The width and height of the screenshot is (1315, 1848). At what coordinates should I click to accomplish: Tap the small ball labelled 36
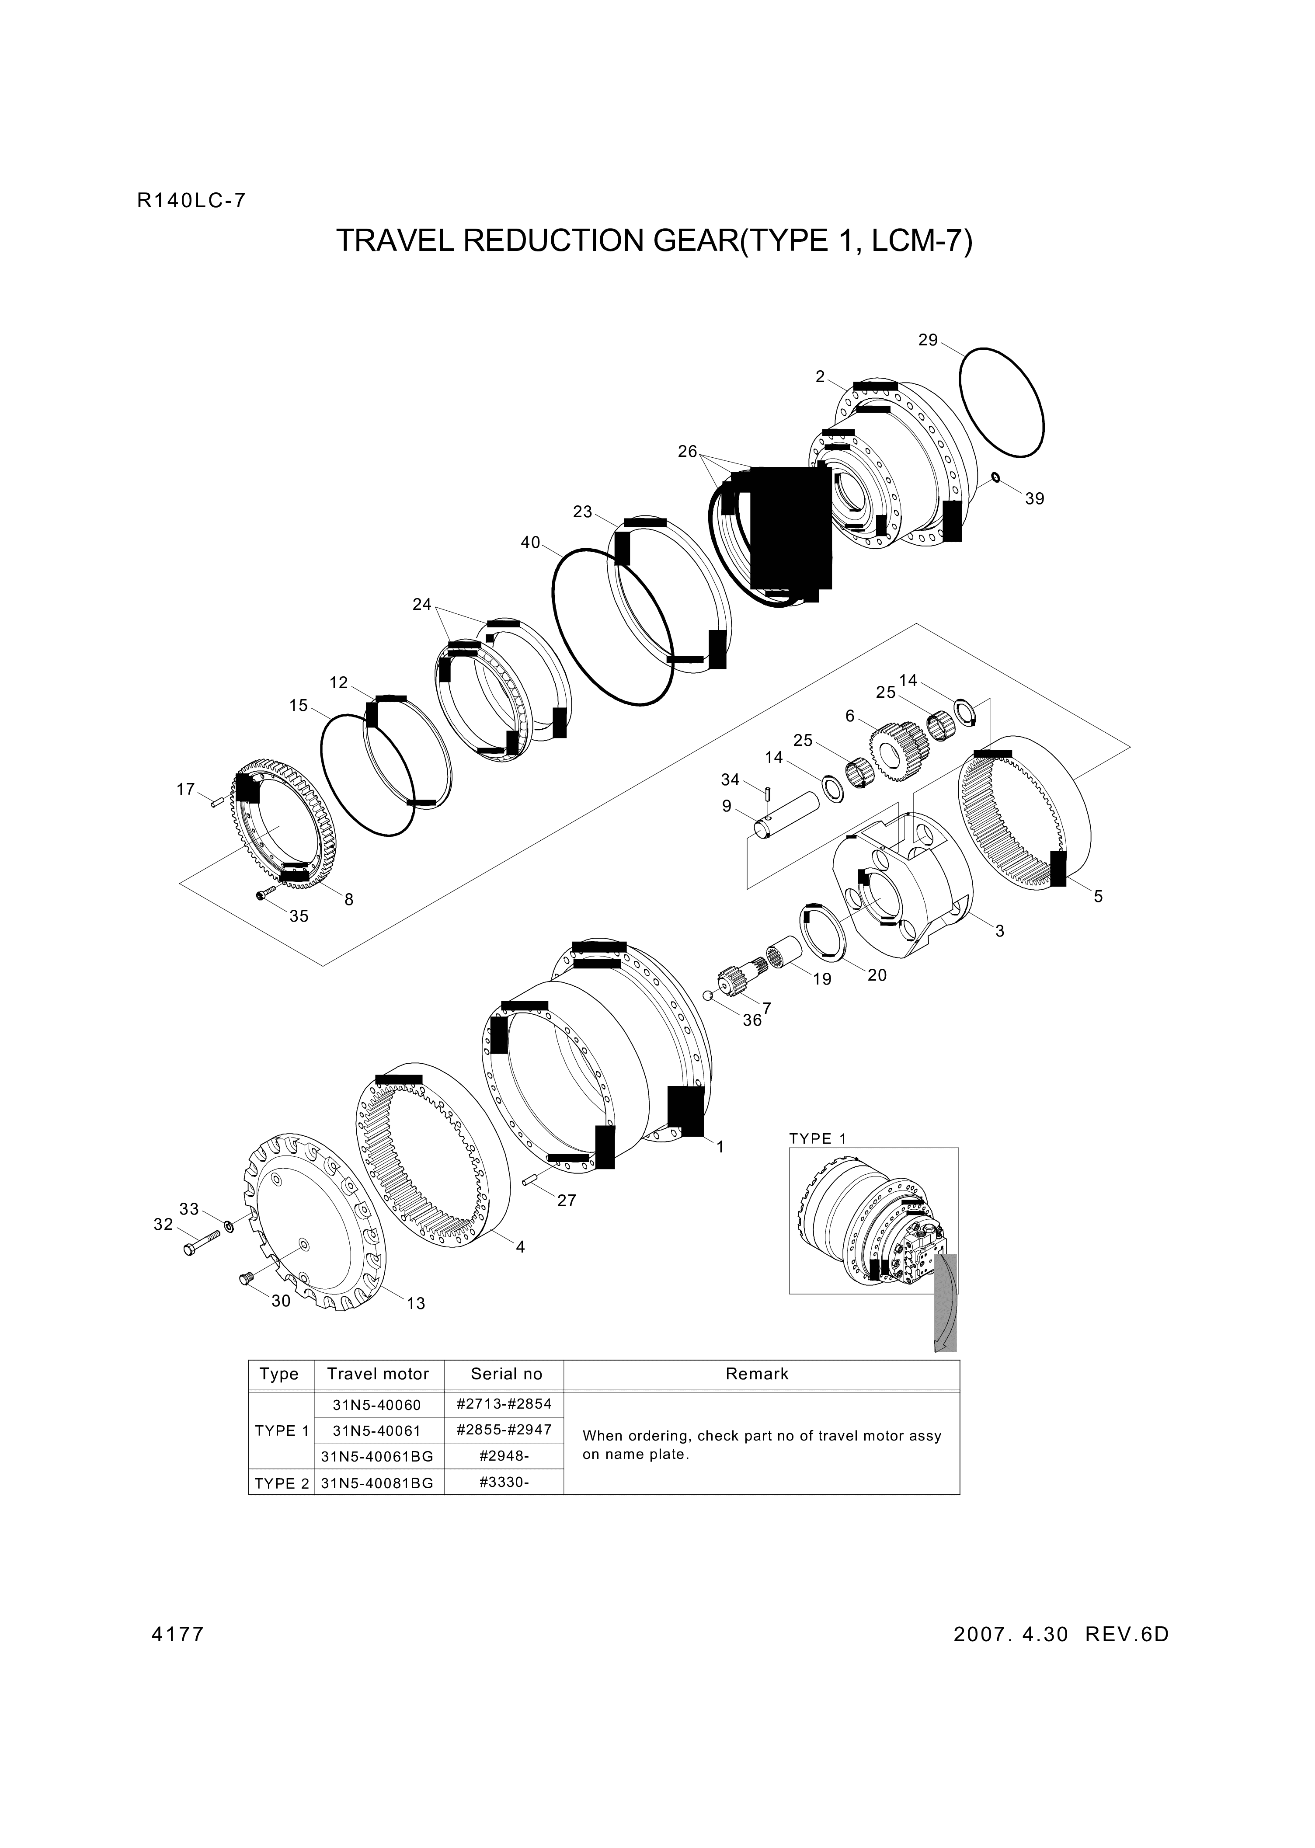click(x=707, y=995)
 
